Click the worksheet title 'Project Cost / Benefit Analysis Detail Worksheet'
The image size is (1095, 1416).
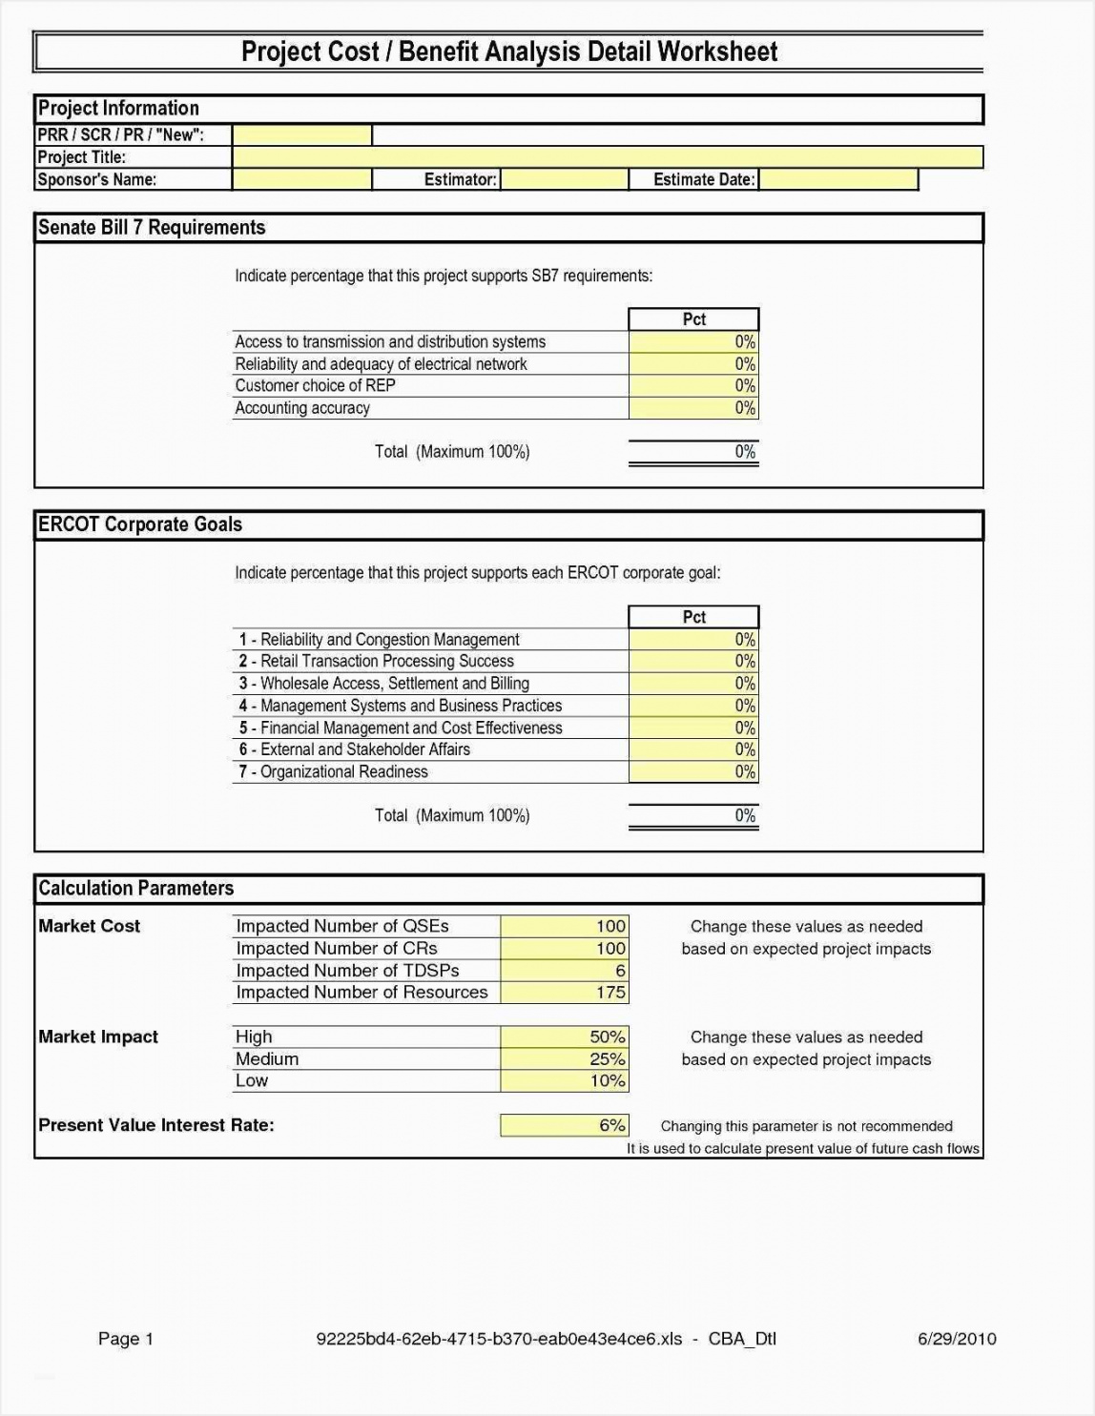click(508, 51)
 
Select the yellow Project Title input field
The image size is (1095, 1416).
click(607, 157)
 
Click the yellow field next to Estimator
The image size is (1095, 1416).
click(564, 179)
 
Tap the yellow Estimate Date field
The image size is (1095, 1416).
click(837, 179)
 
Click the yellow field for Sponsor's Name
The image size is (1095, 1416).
click(301, 179)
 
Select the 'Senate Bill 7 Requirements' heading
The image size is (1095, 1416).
click(152, 228)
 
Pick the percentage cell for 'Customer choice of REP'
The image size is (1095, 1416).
click(693, 386)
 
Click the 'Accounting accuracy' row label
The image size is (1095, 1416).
click(302, 408)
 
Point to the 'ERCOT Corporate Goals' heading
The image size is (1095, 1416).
click(140, 524)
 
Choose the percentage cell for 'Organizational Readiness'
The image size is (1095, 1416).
click(693, 772)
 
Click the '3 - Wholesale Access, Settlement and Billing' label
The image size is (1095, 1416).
click(384, 684)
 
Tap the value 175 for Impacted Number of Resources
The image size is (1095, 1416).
click(564, 993)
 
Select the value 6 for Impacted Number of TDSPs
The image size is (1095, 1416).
click(564, 971)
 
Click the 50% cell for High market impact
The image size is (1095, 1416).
click(564, 1037)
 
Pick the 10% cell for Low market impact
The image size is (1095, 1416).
click(564, 1081)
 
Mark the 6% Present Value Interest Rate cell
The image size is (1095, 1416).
click(564, 1125)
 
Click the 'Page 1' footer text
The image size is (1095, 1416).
click(126, 1339)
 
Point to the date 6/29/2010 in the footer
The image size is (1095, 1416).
click(957, 1339)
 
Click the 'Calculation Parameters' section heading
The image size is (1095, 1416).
click(136, 889)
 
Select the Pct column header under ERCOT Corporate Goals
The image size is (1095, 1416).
click(693, 617)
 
